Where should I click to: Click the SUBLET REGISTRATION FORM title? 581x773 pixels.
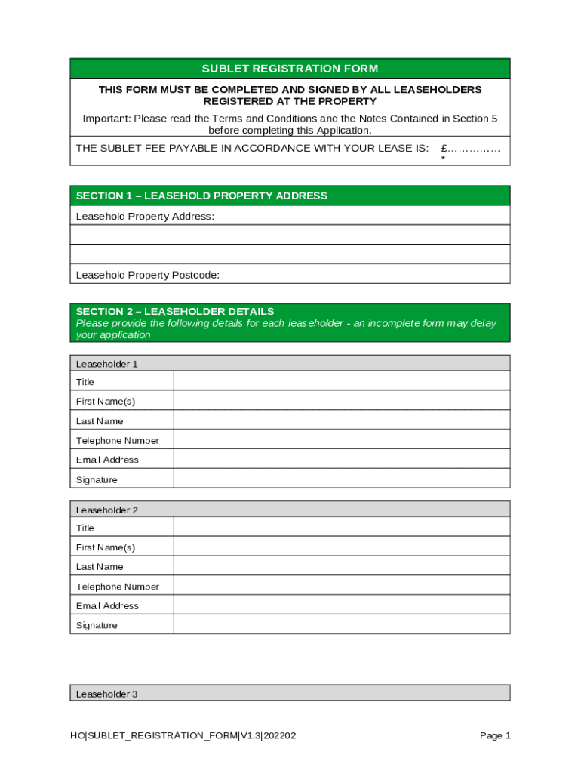point(290,69)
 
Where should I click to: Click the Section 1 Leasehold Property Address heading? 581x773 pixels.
point(201,196)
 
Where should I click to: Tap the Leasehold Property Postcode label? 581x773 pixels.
point(148,275)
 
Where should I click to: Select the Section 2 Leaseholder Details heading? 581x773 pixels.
point(175,311)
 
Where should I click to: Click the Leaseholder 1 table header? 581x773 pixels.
point(107,364)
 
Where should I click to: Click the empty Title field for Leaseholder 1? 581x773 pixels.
point(341,381)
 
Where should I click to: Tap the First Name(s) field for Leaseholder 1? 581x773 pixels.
point(341,401)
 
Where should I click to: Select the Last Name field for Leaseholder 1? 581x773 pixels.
point(341,420)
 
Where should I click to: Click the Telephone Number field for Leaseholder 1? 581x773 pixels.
point(341,440)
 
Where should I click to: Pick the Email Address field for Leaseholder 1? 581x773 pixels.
point(341,459)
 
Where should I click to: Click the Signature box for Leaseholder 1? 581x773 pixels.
point(341,479)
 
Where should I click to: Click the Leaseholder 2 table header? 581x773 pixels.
point(107,510)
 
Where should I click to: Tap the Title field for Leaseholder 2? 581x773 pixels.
point(341,527)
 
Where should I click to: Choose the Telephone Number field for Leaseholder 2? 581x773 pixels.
point(341,586)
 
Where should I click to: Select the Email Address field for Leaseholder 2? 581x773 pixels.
point(341,605)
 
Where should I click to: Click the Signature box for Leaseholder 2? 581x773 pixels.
point(341,624)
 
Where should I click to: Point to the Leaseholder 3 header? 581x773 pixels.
point(107,694)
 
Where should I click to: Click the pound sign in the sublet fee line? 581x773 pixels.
point(444,148)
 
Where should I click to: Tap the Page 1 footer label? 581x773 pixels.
point(495,735)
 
